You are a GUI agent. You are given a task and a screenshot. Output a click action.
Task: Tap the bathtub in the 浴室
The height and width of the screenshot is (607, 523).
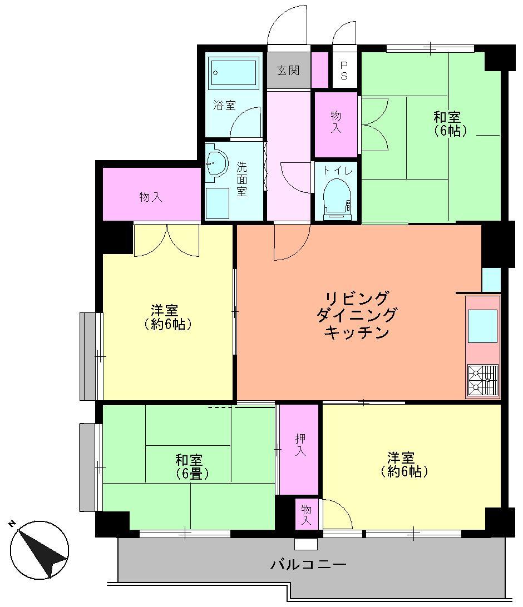[234, 72]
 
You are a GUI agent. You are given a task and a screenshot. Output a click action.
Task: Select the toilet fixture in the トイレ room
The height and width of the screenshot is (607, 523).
[337, 198]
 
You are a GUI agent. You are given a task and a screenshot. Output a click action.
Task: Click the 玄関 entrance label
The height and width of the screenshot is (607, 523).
[288, 71]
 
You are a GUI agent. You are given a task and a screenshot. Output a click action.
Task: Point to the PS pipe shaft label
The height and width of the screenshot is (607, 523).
[344, 70]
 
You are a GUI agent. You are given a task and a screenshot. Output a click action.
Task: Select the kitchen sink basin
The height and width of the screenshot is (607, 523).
[482, 326]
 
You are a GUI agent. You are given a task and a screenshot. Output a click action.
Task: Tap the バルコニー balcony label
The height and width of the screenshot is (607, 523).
[309, 565]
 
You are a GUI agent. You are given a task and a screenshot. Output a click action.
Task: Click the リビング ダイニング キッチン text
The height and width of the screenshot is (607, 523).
[356, 315]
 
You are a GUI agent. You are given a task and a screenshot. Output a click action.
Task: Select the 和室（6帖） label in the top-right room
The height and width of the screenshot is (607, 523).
[448, 124]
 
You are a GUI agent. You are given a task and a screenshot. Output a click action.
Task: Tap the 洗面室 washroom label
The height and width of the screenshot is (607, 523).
[242, 179]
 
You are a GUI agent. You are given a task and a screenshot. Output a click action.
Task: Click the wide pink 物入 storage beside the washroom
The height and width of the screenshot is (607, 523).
[151, 196]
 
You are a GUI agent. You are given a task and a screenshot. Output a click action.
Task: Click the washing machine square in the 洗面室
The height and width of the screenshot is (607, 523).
[217, 203]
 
